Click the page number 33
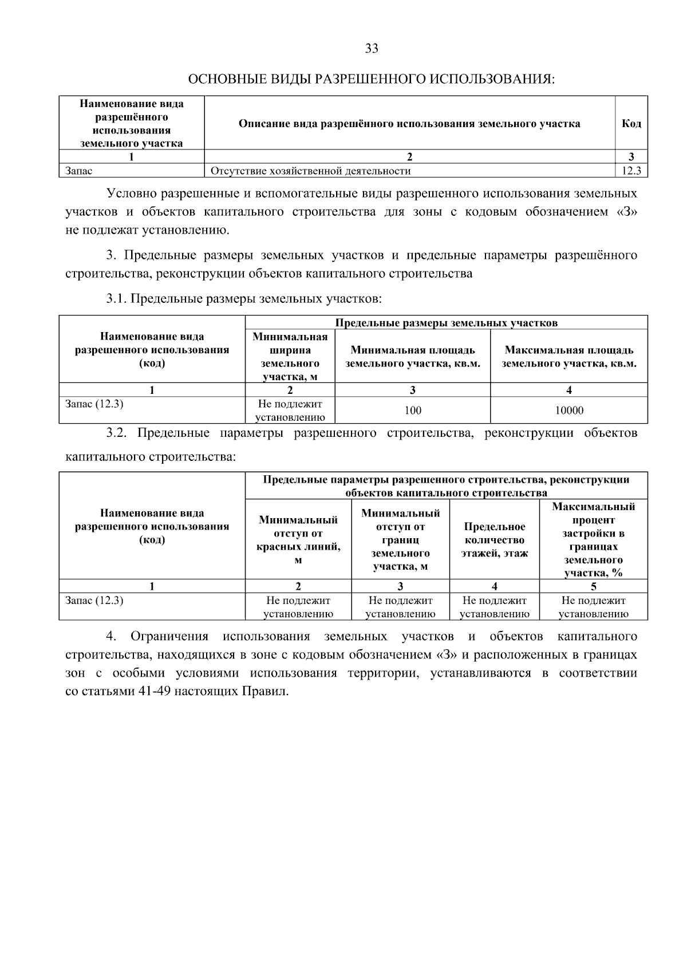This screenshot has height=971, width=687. click(372, 49)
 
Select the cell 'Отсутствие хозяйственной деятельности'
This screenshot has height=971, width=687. click(310, 171)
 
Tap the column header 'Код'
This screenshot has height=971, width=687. click(631, 124)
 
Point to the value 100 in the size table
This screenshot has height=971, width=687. click(412, 410)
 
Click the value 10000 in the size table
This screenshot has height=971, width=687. click(569, 410)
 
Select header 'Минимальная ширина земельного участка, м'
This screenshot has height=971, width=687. click(290, 356)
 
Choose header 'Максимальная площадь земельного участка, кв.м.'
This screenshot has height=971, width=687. click(569, 357)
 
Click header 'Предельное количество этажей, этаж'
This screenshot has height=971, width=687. click(494, 540)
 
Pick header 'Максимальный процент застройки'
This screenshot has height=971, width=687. click(593, 539)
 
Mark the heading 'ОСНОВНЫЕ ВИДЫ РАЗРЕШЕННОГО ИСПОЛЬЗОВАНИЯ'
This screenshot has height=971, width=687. click(372, 78)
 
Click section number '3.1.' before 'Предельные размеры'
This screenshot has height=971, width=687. click(117, 298)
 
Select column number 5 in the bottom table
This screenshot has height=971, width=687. click(593, 586)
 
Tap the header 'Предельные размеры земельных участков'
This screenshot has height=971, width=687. click(446, 323)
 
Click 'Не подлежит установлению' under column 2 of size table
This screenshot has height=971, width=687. click(290, 411)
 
